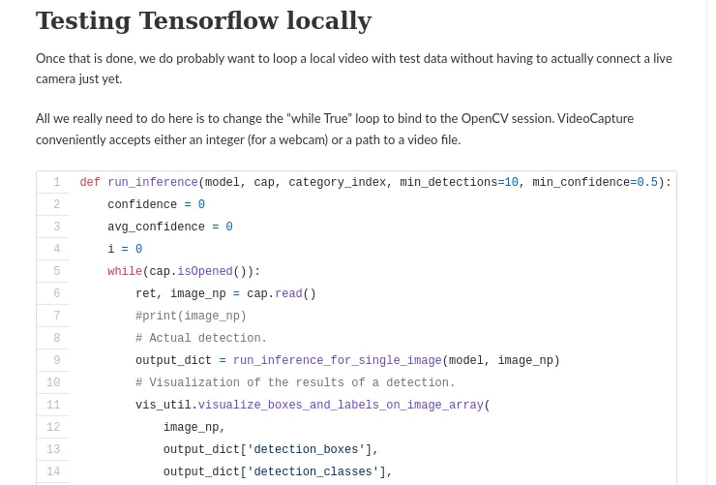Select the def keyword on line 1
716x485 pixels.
pyautogui.click(x=90, y=183)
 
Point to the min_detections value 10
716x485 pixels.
pyautogui.click(x=512, y=183)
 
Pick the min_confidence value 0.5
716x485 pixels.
pyautogui.click(x=647, y=183)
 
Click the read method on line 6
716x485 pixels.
pyautogui.click(x=288, y=294)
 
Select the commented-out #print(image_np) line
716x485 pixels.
pyautogui.click(x=191, y=317)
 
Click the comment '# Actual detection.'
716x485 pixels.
pyautogui.click(x=201, y=339)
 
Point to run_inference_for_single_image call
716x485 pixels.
pyautogui.click(x=337, y=361)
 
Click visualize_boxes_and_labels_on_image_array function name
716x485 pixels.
pyautogui.click(x=341, y=406)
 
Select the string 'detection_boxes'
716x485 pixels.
pyautogui.click(x=306, y=450)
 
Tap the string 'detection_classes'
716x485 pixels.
pyautogui.click(x=313, y=472)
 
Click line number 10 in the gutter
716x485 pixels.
pyautogui.click(x=53, y=383)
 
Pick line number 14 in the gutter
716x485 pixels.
pyautogui.click(x=53, y=472)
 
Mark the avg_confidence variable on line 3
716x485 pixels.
pyautogui.click(x=156, y=227)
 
